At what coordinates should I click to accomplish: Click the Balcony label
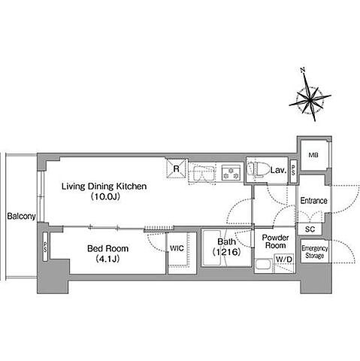[x=21, y=216]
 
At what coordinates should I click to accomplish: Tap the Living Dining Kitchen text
[x=104, y=187]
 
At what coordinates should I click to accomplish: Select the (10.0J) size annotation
[x=105, y=196]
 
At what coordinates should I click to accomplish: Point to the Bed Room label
[x=107, y=248]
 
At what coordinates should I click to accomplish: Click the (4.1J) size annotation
[x=107, y=259]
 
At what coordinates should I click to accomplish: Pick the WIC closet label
[x=177, y=248]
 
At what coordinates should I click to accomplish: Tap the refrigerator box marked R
[x=177, y=168]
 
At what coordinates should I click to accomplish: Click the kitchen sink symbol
[x=202, y=172]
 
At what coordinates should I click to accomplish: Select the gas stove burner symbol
[x=231, y=172]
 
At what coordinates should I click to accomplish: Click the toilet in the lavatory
[x=257, y=169]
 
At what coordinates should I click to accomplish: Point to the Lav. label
[x=278, y=171]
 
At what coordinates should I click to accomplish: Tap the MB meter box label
[x=313, y=155]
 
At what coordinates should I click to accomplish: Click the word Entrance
[x=313, y=201]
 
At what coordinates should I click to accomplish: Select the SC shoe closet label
[x=310, y=229]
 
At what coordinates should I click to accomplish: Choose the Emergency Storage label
[x=315, y=252]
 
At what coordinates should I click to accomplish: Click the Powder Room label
[x=275, y=241]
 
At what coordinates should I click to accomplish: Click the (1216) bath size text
[x=226, y=252]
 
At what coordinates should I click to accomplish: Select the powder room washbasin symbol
[x=264, y=265]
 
